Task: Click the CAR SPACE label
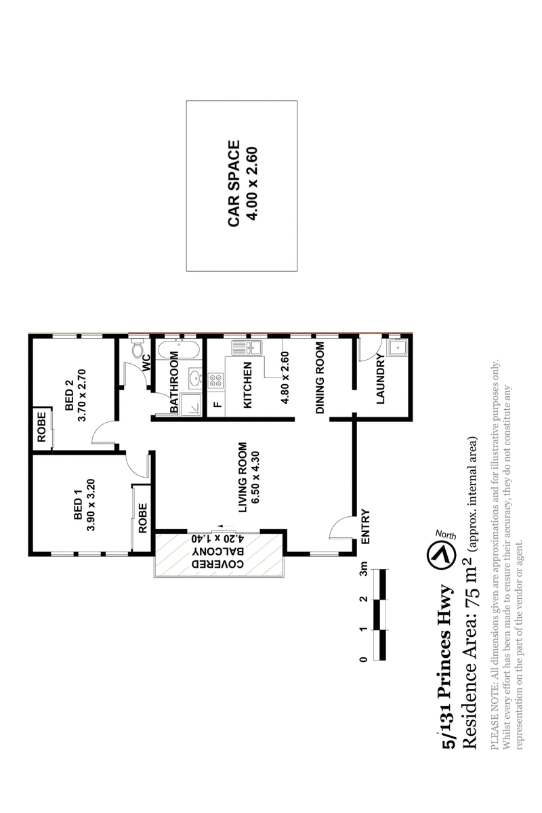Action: click(x=234, y=184)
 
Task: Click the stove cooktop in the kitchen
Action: click(x=215, y=381)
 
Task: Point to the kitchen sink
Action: click(x=247, y=348)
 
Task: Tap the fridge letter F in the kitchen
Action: click(x=217, y=404)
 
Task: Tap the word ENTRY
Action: click(x=366, y=526)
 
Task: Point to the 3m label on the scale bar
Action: click(x=364, y=567)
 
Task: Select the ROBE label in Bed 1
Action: click(x=143, y=518)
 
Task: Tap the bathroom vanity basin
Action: click(x=195, y=379)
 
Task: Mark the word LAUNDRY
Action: click(x=380, y=379)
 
